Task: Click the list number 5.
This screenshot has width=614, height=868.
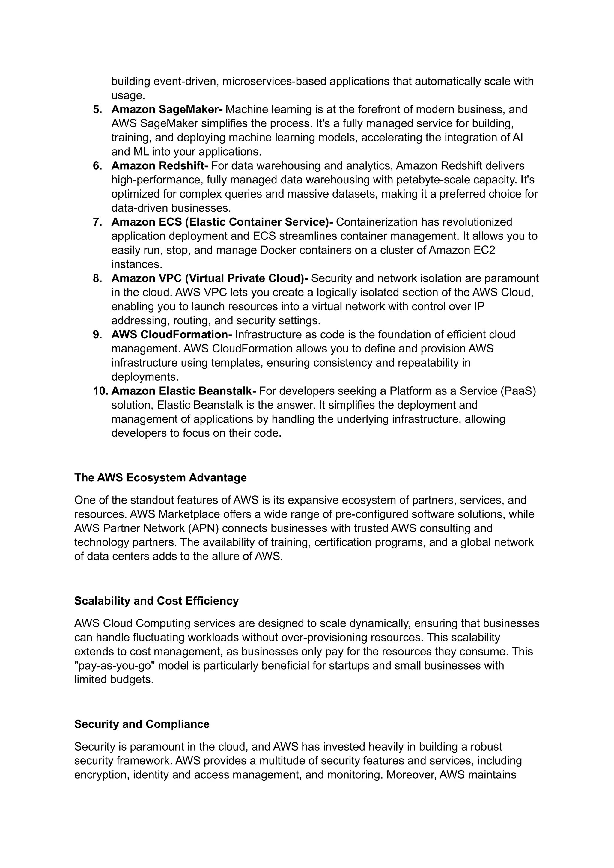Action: coord(97,110)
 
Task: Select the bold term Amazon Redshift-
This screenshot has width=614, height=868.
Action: coord(159,166)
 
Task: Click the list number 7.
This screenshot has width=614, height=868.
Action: coord(97,222)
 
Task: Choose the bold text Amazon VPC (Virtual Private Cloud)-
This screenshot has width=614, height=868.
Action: coord(210,279)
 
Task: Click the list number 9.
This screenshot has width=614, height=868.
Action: coord(97,335)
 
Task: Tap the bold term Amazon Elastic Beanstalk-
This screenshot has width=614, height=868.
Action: coord(183,391)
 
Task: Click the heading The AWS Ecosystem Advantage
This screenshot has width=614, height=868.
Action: coord(160,478)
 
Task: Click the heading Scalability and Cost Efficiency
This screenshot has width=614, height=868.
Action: coord(156,601)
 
